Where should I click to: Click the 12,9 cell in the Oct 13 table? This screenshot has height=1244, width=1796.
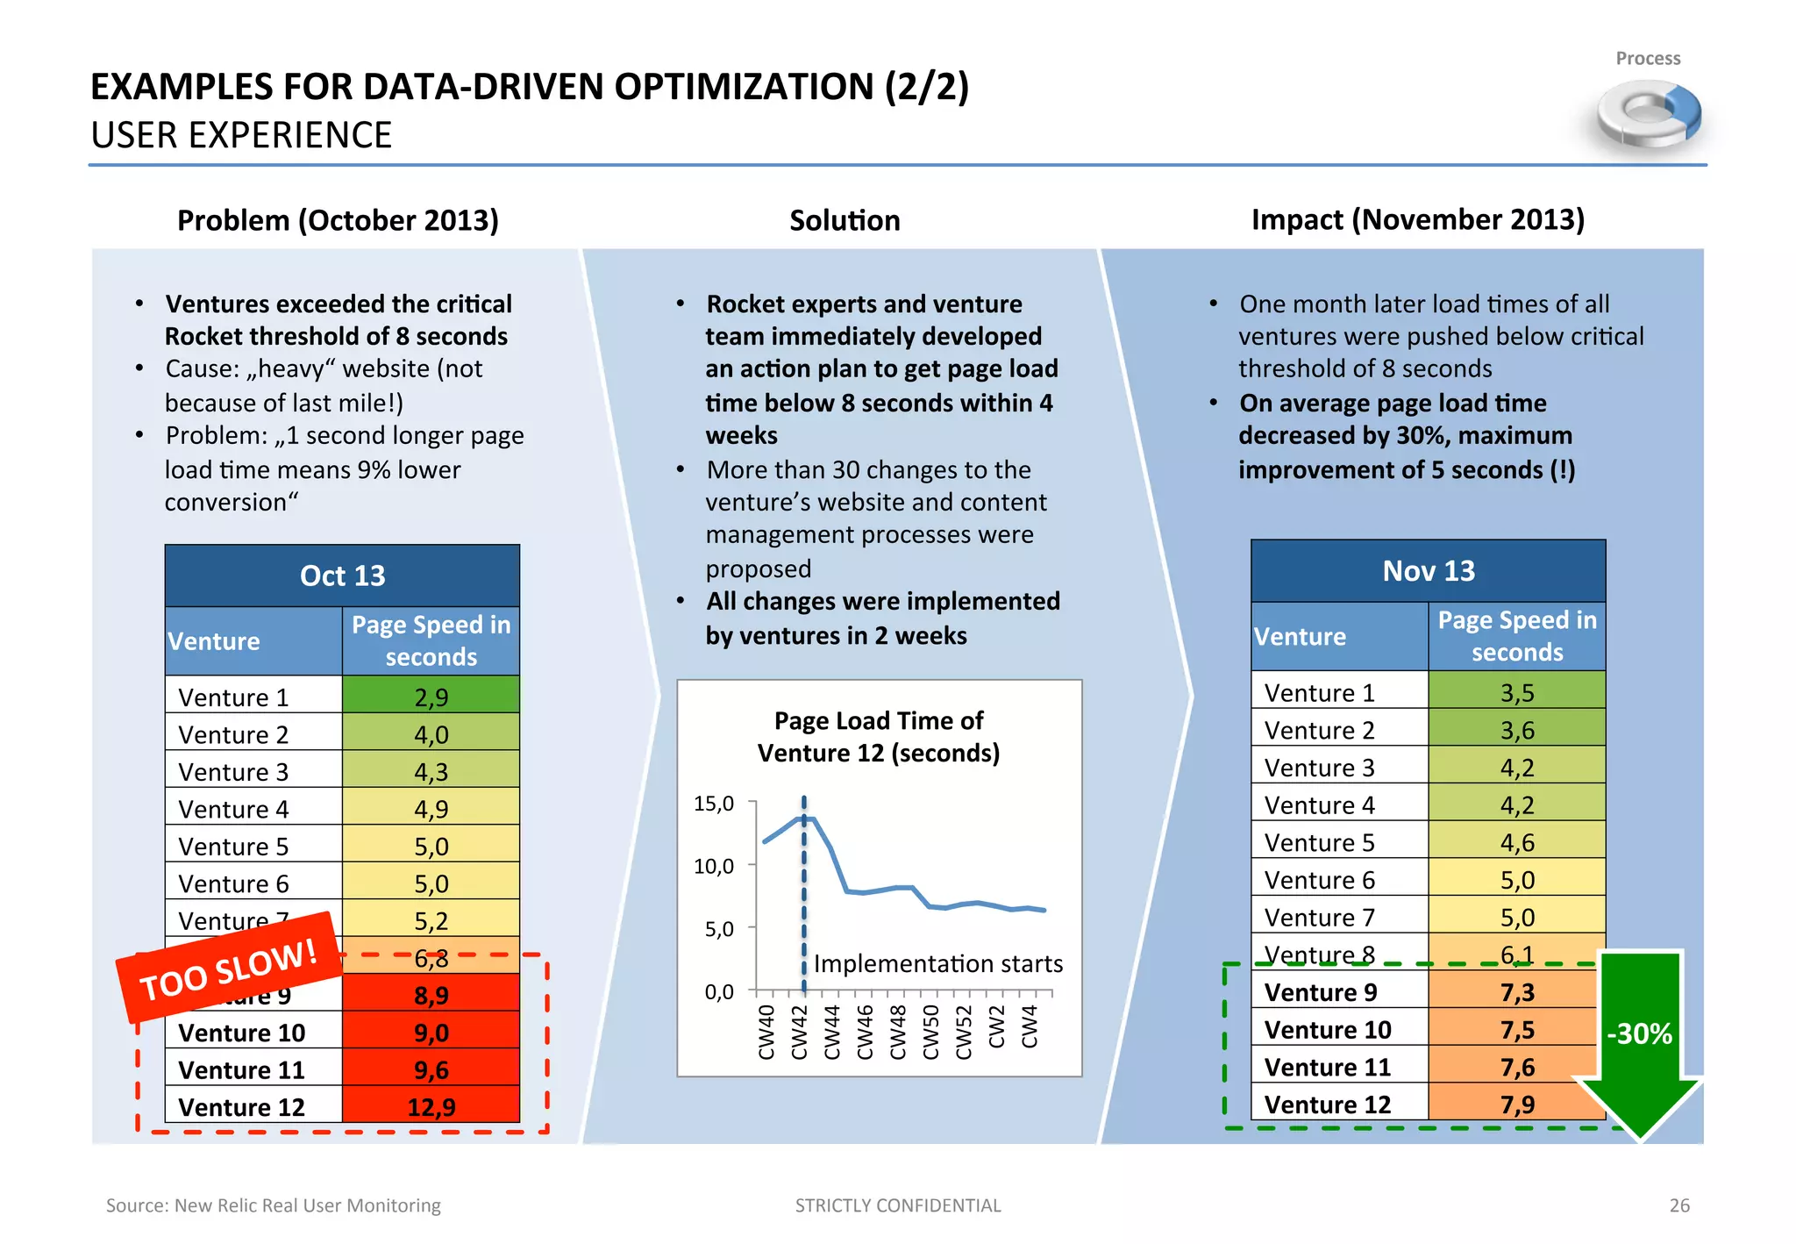[x=431, y=1106]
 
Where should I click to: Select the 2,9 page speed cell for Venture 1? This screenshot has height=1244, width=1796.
[x=431, y=697]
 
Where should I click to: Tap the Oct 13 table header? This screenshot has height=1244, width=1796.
[x=342, y=576]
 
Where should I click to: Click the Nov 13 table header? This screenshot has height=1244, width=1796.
[x=1428, y=571]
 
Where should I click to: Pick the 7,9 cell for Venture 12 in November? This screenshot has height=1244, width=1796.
[x=1516, y=1104]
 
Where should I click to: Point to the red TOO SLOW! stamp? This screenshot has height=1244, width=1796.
[x=229, y=968]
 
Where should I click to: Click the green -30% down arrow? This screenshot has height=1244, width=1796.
[x=1638, y=1040]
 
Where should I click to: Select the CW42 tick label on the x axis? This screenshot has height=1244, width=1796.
[x=799, y=1033]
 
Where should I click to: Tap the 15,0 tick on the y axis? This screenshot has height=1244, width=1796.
[x=714, y=804]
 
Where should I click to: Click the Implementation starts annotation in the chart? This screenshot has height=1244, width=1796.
[x=937, y=963]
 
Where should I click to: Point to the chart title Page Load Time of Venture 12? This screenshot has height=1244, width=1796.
[x=879, y=736]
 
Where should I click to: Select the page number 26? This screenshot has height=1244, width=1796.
[x=1678, y=1205]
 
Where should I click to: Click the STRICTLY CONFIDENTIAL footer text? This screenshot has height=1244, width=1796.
[x=897, y=1205]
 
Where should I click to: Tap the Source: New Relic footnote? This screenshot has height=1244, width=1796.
[x=273, y=1205]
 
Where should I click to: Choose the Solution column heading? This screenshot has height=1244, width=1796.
[x=844, y=220]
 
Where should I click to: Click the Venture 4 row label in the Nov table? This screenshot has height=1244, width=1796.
[x=1319, y=804]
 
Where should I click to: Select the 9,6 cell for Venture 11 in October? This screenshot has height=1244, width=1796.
[x=431, y=1069]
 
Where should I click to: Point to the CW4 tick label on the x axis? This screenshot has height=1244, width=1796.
[x=1030, y=1026]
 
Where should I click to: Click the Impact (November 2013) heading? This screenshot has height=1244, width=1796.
[x=1417, y=219]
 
